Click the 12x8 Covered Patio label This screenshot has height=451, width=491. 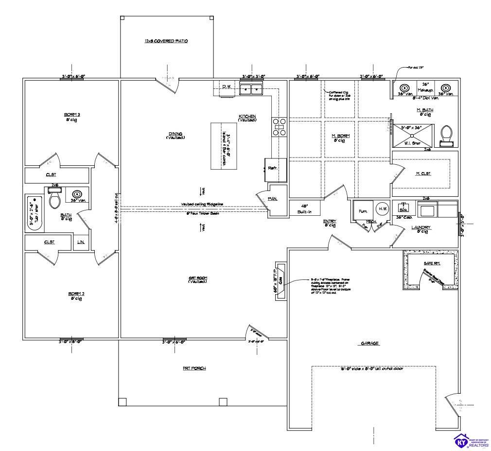(166, 41)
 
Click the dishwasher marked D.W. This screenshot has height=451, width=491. (226, 87)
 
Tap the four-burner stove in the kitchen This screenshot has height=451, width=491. (279, 126)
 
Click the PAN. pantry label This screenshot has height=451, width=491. (273, 198)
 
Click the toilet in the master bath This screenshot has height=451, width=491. (446, 134)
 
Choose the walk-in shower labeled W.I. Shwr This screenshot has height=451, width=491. (412, 135)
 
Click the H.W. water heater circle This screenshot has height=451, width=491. (382, 209)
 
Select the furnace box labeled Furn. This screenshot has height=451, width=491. (362, 210)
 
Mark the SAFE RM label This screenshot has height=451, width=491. (431, 263)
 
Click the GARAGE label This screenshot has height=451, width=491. (369, 343)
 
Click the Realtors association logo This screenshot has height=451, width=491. (471, 440)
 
